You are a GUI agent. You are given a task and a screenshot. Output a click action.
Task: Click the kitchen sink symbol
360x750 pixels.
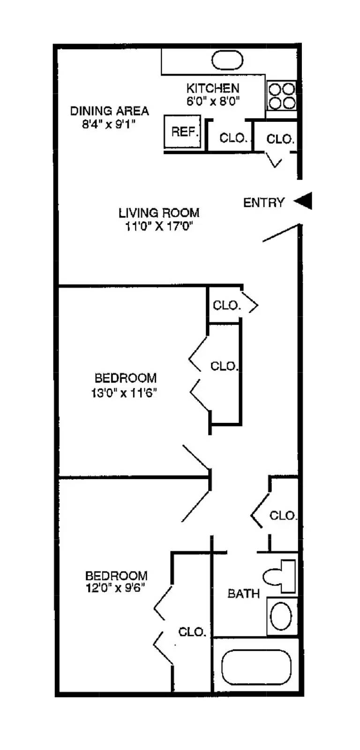tap(227, 61)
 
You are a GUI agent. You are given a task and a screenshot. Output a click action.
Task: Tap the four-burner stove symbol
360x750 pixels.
tap(281, 96)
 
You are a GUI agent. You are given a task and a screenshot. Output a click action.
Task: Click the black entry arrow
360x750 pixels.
tap(303, 201)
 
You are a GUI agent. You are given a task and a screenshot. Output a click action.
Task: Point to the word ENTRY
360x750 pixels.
tap(264, 202)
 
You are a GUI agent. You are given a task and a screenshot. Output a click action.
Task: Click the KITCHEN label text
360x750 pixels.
tap(213, 88)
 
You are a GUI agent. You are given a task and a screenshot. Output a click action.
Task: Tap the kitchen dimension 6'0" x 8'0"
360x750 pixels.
tap(213, 101)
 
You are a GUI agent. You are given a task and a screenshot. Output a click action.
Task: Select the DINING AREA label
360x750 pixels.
tap(109, 111)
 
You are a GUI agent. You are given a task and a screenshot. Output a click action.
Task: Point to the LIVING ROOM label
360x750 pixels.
tap(159, 213)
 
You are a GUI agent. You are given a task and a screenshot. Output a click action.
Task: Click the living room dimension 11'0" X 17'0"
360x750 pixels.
tap(159, 226)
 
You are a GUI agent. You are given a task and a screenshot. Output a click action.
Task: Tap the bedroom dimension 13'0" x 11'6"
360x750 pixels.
tap(124, 392)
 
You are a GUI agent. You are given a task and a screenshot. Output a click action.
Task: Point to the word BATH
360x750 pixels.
tap(243, 594)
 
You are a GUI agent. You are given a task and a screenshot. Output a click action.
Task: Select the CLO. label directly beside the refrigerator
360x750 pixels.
tap(233, 138)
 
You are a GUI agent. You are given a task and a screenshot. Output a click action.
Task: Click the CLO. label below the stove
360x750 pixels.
tap(280, 139)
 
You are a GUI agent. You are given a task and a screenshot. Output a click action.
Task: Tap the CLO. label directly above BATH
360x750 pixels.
tap(283, 516)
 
